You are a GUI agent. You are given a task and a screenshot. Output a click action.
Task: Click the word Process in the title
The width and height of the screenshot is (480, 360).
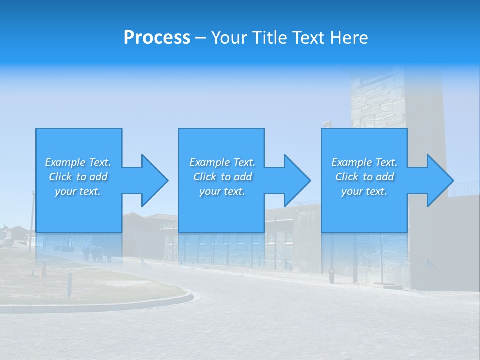pyautogui.click(x=157, y=38)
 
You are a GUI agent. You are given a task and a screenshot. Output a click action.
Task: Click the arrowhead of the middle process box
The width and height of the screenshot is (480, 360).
pyautogui.click(x=294, y=180)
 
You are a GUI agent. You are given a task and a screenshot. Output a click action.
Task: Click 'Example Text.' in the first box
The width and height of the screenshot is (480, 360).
pyautogui.click(x=78, y=162)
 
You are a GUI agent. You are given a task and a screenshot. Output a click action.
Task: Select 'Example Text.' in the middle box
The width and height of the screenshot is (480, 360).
pyautogui.click(x=222, y=162)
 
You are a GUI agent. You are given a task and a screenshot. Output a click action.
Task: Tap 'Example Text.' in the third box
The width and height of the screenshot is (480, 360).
pyautogui.click(x=364, y=162)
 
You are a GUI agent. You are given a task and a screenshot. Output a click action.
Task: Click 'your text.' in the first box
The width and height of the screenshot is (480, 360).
pyautogui.click(x=78, y=191)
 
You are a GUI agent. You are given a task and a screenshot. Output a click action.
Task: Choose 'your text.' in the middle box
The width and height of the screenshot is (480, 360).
pyautogui.click(x=222, y=191)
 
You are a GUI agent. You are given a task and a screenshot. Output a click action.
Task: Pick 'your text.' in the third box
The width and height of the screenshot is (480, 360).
pyautogui.click(x=364, y=191)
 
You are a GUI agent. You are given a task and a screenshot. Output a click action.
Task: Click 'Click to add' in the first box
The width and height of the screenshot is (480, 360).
pyautogui.click(x=78, y=177)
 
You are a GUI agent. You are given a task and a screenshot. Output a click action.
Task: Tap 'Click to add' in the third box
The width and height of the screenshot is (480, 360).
pyautogui.click(x=364, y=177)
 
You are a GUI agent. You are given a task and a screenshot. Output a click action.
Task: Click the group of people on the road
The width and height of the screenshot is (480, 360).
pyautogui.click(x=97, y=253)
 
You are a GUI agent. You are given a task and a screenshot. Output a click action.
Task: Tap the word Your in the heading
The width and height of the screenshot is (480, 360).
pyautogui.click(x=229, y=38)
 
